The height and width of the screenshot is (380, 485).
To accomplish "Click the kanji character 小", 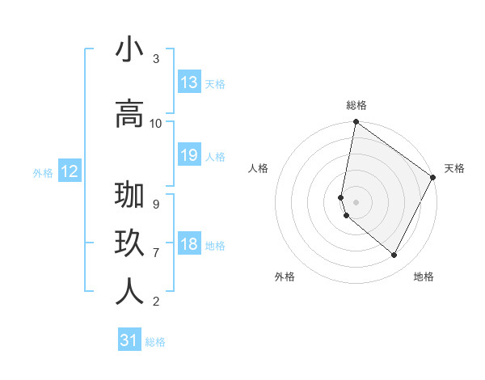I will click(129, 50).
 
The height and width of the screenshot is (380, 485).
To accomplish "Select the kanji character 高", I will click(129, 114).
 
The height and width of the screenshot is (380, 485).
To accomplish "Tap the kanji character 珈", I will click(129, 197).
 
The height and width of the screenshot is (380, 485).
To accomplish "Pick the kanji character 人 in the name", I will click(129, 292).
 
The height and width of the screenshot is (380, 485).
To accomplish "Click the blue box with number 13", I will click(189, 82).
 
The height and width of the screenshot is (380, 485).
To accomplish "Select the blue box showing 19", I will click(189, 155).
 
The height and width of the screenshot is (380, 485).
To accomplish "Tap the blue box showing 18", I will click(189, 245).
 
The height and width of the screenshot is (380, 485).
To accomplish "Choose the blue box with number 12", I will click(69, 171).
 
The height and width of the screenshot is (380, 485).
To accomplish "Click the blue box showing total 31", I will click(129, 340).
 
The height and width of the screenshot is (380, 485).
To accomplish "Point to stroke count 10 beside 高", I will click(156, 123).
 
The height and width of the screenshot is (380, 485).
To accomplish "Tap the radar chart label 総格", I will click(356, 105).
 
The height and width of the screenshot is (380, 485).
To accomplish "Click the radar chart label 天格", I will click(454, 168).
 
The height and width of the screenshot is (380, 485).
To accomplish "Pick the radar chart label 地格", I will click(424, 277).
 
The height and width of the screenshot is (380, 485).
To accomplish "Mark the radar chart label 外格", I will click(285, 277).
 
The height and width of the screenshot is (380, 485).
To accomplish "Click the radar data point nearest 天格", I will click(433, 178).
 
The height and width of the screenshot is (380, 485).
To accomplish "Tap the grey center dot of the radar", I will click(356, 201).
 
